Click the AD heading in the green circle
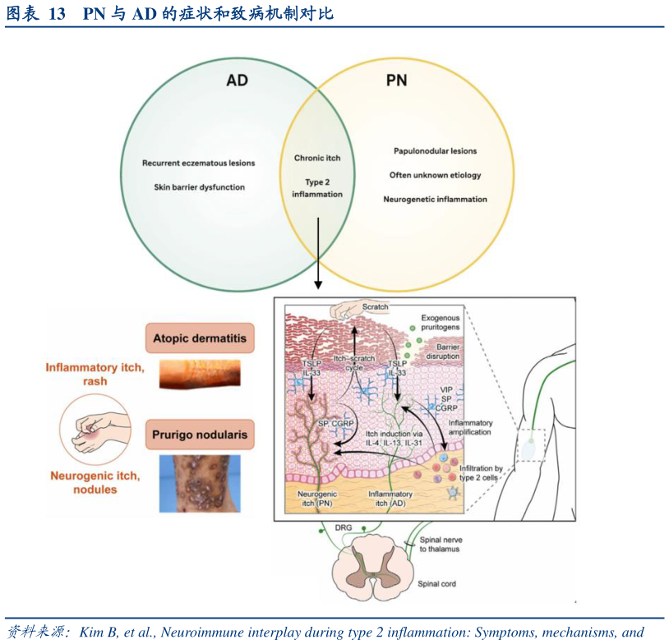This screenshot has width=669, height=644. click(x=237, y=81)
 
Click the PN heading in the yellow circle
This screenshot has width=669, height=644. click(x=396, y=81)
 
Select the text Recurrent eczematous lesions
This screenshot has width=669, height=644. click(x=198, y=163)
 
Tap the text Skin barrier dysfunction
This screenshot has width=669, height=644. click(x=199, y=187)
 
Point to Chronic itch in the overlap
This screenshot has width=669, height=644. click(x=317, y=158)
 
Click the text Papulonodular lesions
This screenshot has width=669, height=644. click(x=435, y=151)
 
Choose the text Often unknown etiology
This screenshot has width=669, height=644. click(x=435, y=175)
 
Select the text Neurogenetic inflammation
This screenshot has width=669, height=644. click(x=435, y=200)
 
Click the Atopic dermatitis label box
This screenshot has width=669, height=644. click(x=200, y=338)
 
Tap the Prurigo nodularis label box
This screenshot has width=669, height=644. click(x=200, y=435)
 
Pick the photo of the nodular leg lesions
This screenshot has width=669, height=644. click(x=200, y=485)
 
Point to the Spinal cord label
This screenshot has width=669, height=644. click(x=436, y=584)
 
